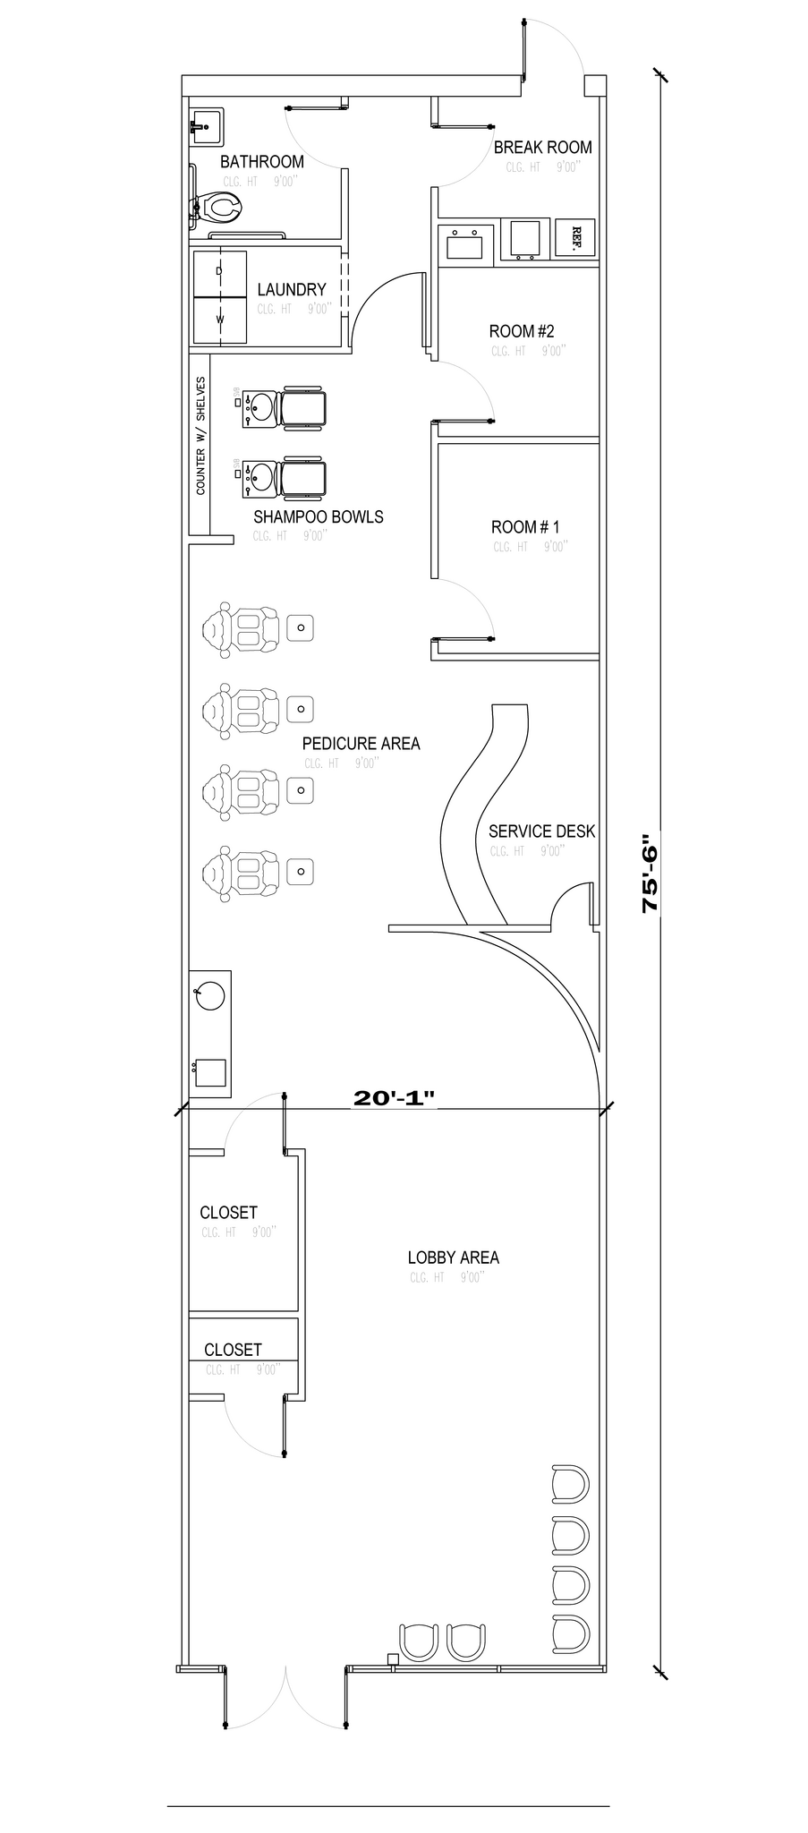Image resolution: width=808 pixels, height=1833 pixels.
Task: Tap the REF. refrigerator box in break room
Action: pyautogui.click(x=575, y=238)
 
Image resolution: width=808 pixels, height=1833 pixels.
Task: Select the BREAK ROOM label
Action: pyautogui.click(x=542, y=148)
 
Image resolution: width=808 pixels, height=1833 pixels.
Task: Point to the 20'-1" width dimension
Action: pyautogui.click(x=394, y=1098)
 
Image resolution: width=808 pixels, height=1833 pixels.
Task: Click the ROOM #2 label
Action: pyautogui.click(x=521, y=331)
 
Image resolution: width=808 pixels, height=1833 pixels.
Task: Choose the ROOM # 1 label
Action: pyautogui.click(x=524, y=527)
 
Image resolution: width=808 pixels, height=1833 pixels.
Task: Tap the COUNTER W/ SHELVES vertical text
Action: pyautogui.click(x=200, y=436)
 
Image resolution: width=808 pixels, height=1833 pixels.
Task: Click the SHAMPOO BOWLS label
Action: pyautogui.click(x=318, y=516)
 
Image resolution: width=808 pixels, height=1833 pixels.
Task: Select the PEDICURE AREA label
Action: pyautogui.click(x=361, y=743)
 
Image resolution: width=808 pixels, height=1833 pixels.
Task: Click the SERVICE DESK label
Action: pyautogui.click(x=541, y=831)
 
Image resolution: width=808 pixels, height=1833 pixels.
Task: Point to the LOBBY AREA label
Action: pyautogui.click(x=453, y=1258)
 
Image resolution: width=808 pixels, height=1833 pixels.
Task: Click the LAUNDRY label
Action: pyautogui.click(x=291, y=290)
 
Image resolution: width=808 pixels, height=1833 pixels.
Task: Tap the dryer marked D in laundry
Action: pyautogui.click(x=220, y=271)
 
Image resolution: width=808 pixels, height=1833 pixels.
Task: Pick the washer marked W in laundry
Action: pyautogui.click(x=220, y=319)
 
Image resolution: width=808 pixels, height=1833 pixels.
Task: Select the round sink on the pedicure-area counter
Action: pyautogui.click(x=209, y=996)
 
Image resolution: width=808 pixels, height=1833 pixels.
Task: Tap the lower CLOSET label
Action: pyautogui.click(x=233, y=1350)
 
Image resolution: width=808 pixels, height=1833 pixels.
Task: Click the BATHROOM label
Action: pyautogui.click(x=261, y=162)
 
